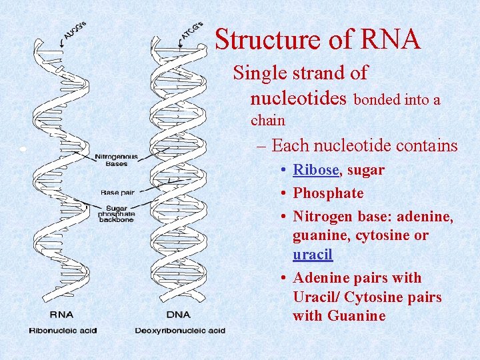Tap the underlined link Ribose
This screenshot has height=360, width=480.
[317, 170]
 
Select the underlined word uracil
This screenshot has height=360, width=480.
[313, 255]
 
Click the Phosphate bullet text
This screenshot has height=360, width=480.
[329, 193]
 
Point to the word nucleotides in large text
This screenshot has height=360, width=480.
[299, 99]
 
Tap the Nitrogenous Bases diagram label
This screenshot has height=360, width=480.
[117, 160]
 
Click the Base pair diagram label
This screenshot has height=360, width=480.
[117, 192]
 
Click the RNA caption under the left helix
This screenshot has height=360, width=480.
[61, 315]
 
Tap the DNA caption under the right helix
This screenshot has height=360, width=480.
[178, 315]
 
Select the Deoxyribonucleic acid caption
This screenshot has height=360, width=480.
[180, 330]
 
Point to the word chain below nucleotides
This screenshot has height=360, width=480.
[267, 121]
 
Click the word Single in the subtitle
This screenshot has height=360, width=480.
[257, 73]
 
